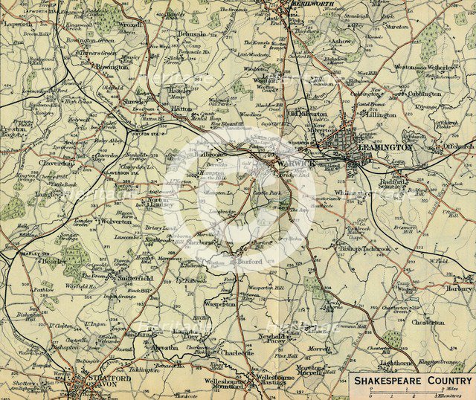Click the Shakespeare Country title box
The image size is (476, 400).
413,379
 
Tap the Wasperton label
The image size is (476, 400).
220,303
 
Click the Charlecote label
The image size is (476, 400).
238,352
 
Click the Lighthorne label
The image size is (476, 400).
397,364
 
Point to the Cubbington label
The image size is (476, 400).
425,94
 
